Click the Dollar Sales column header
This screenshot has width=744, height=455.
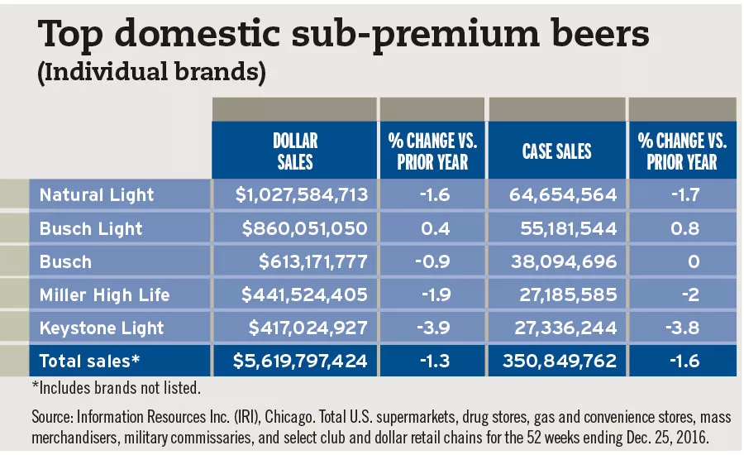click(294, 151)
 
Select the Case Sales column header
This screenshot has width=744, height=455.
click(556, 151)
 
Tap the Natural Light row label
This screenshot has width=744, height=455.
click(97, 195)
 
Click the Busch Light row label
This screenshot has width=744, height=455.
click(91, 228)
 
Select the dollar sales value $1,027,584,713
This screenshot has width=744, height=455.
click(294, 195)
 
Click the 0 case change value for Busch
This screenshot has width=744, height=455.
click(694, 261)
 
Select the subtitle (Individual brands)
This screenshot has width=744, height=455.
click(151, 72)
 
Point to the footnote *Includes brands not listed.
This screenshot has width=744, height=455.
click(116, 386)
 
